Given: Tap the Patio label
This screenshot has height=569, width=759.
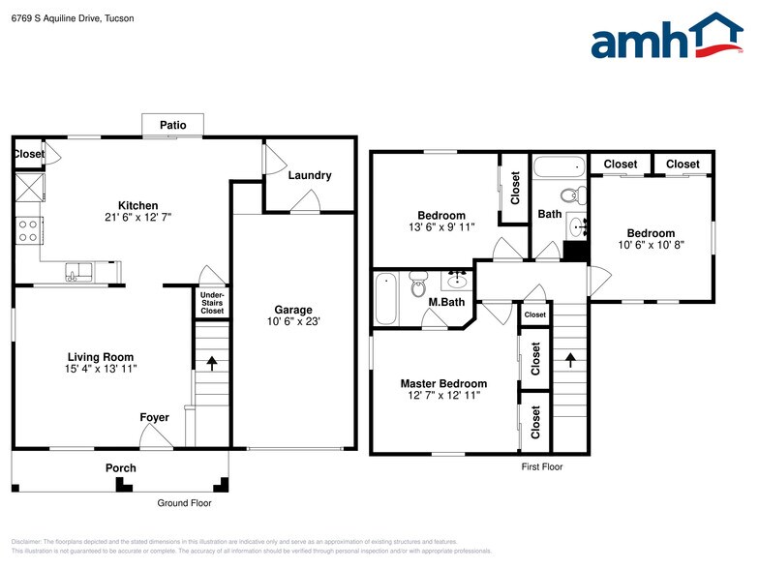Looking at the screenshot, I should pos(173,126).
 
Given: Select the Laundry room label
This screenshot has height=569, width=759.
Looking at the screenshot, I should pos(310,175).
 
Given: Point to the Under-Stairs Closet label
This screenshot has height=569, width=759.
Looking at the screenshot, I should pos(212,303).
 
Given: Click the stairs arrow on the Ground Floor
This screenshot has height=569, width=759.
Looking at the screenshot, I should pos(212,364).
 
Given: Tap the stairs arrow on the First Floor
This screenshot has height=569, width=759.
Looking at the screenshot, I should pos(569,360).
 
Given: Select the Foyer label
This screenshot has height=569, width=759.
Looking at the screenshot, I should pos(154,418).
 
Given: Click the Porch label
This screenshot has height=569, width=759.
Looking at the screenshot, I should pos(121,468).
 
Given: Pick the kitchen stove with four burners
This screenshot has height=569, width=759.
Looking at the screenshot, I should pos(27,230).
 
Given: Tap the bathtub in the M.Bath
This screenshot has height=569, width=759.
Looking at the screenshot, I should pos(385,299).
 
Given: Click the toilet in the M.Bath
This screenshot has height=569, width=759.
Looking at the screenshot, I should pos(418,286).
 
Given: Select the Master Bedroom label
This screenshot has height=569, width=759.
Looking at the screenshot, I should pos(443,384).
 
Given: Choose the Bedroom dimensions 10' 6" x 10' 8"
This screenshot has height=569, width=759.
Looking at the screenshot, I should pos(650,246).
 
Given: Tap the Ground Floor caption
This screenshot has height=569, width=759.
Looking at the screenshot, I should pos(184,503).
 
